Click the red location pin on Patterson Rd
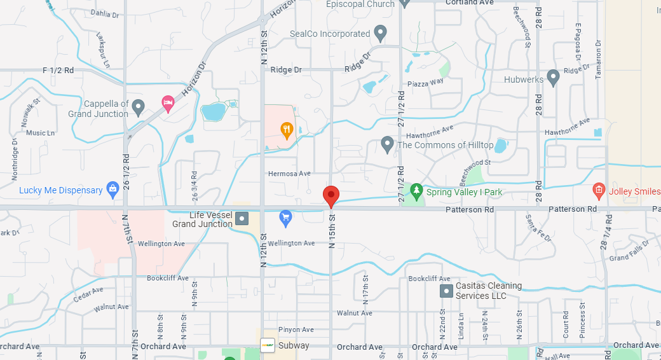pyautogui.click(x=330, y=196)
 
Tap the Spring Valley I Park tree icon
pyautogui.click(x=416, y=190)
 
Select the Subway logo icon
pyautogui.click(x=268, y=345)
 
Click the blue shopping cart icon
pyautogui.click(x=285, y=218)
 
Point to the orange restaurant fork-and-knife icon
pyautogui.click(x=287, y=130)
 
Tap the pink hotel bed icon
pyautogui.click(x=168, y=103)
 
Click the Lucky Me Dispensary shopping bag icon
pyautogui.click(x=112, y=189)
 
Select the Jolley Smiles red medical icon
pyautogui.click(x=598, y=190)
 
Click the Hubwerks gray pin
pyautogui.click(x=553, y=78)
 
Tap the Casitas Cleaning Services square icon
pyautogui.click(x=446, y=291)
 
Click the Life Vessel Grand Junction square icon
pyautogui.click(x=242, y=219)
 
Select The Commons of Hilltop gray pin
pyautogui.click(x=387, y=144)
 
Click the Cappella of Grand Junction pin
pyautogui.click(x=139, y=107)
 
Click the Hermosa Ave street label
pyautogui.click(x=289, y=173)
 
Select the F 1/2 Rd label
pyautogui.click(x=58, y=70)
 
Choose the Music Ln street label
pyautogui.click(x=40, y=133)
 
